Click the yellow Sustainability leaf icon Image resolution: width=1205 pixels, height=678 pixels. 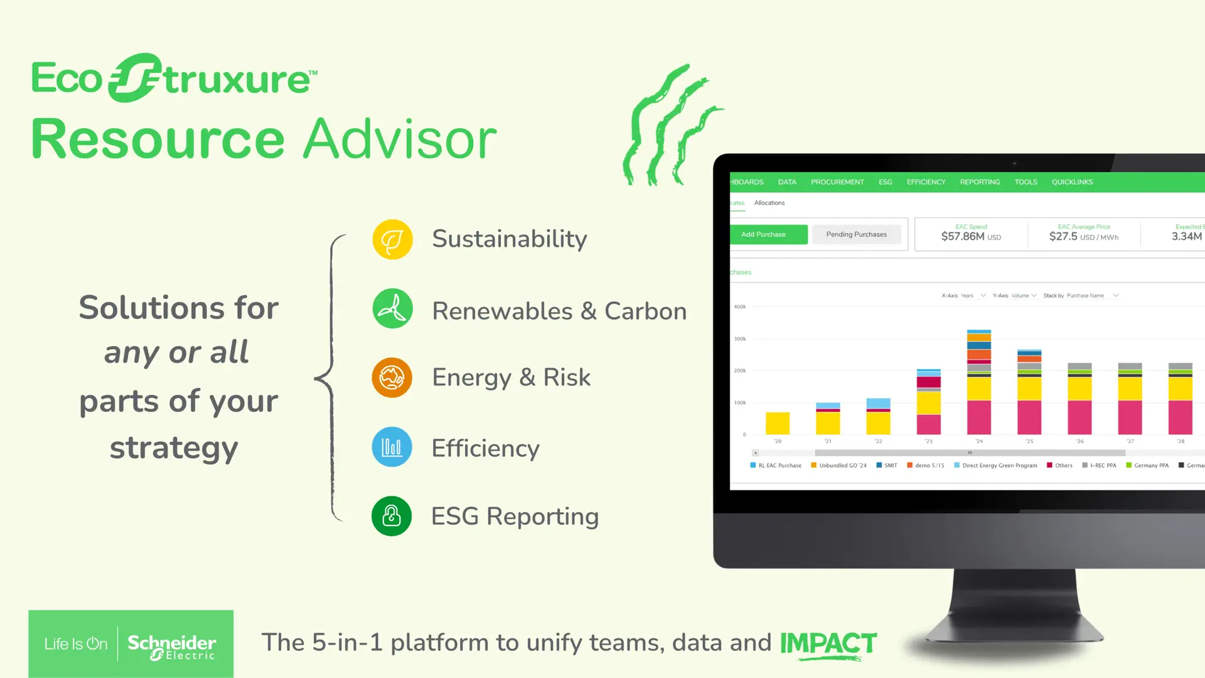[392, 239]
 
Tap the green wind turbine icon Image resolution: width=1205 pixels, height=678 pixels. [392, 308]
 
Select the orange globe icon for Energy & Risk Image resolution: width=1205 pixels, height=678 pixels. [392, 378]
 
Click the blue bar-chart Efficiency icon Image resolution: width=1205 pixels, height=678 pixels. [392, 447]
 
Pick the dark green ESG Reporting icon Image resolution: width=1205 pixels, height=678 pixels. [392, 516]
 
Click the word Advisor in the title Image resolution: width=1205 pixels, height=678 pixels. [400, 139]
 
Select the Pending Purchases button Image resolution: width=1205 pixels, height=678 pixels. [856, 234]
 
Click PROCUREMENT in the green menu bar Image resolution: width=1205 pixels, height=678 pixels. [837, 182]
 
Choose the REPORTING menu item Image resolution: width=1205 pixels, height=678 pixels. [980, 182]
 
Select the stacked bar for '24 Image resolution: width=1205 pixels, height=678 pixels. [978, 383]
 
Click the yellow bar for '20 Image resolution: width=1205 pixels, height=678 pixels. [777, 423]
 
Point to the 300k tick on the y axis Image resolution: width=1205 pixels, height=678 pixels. [740, 339]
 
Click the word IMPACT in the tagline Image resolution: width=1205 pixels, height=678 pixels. [828, 643]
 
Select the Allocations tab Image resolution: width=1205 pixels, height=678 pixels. [769, 203]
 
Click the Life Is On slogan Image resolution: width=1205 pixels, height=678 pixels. [76, 644]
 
